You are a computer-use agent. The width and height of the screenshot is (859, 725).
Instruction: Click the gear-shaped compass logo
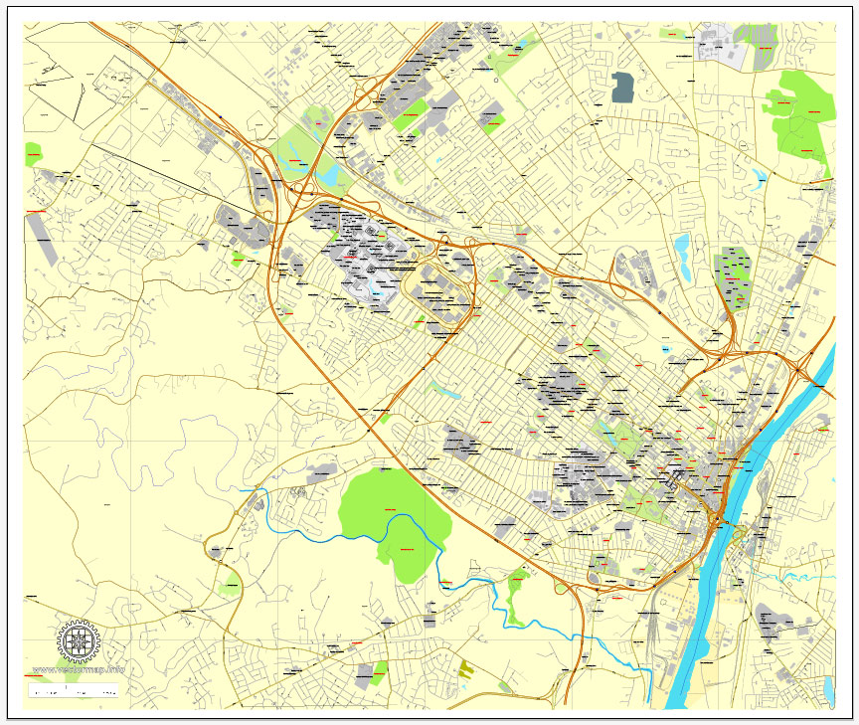78,641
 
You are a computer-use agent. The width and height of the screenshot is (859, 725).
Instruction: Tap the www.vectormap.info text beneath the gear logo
79,669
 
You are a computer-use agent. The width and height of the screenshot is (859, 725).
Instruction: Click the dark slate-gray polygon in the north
622,88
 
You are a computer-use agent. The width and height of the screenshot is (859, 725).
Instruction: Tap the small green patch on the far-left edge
33,155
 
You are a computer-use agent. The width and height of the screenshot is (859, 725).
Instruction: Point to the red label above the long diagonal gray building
37,212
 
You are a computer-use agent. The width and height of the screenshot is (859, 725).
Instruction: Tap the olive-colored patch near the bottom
466,668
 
